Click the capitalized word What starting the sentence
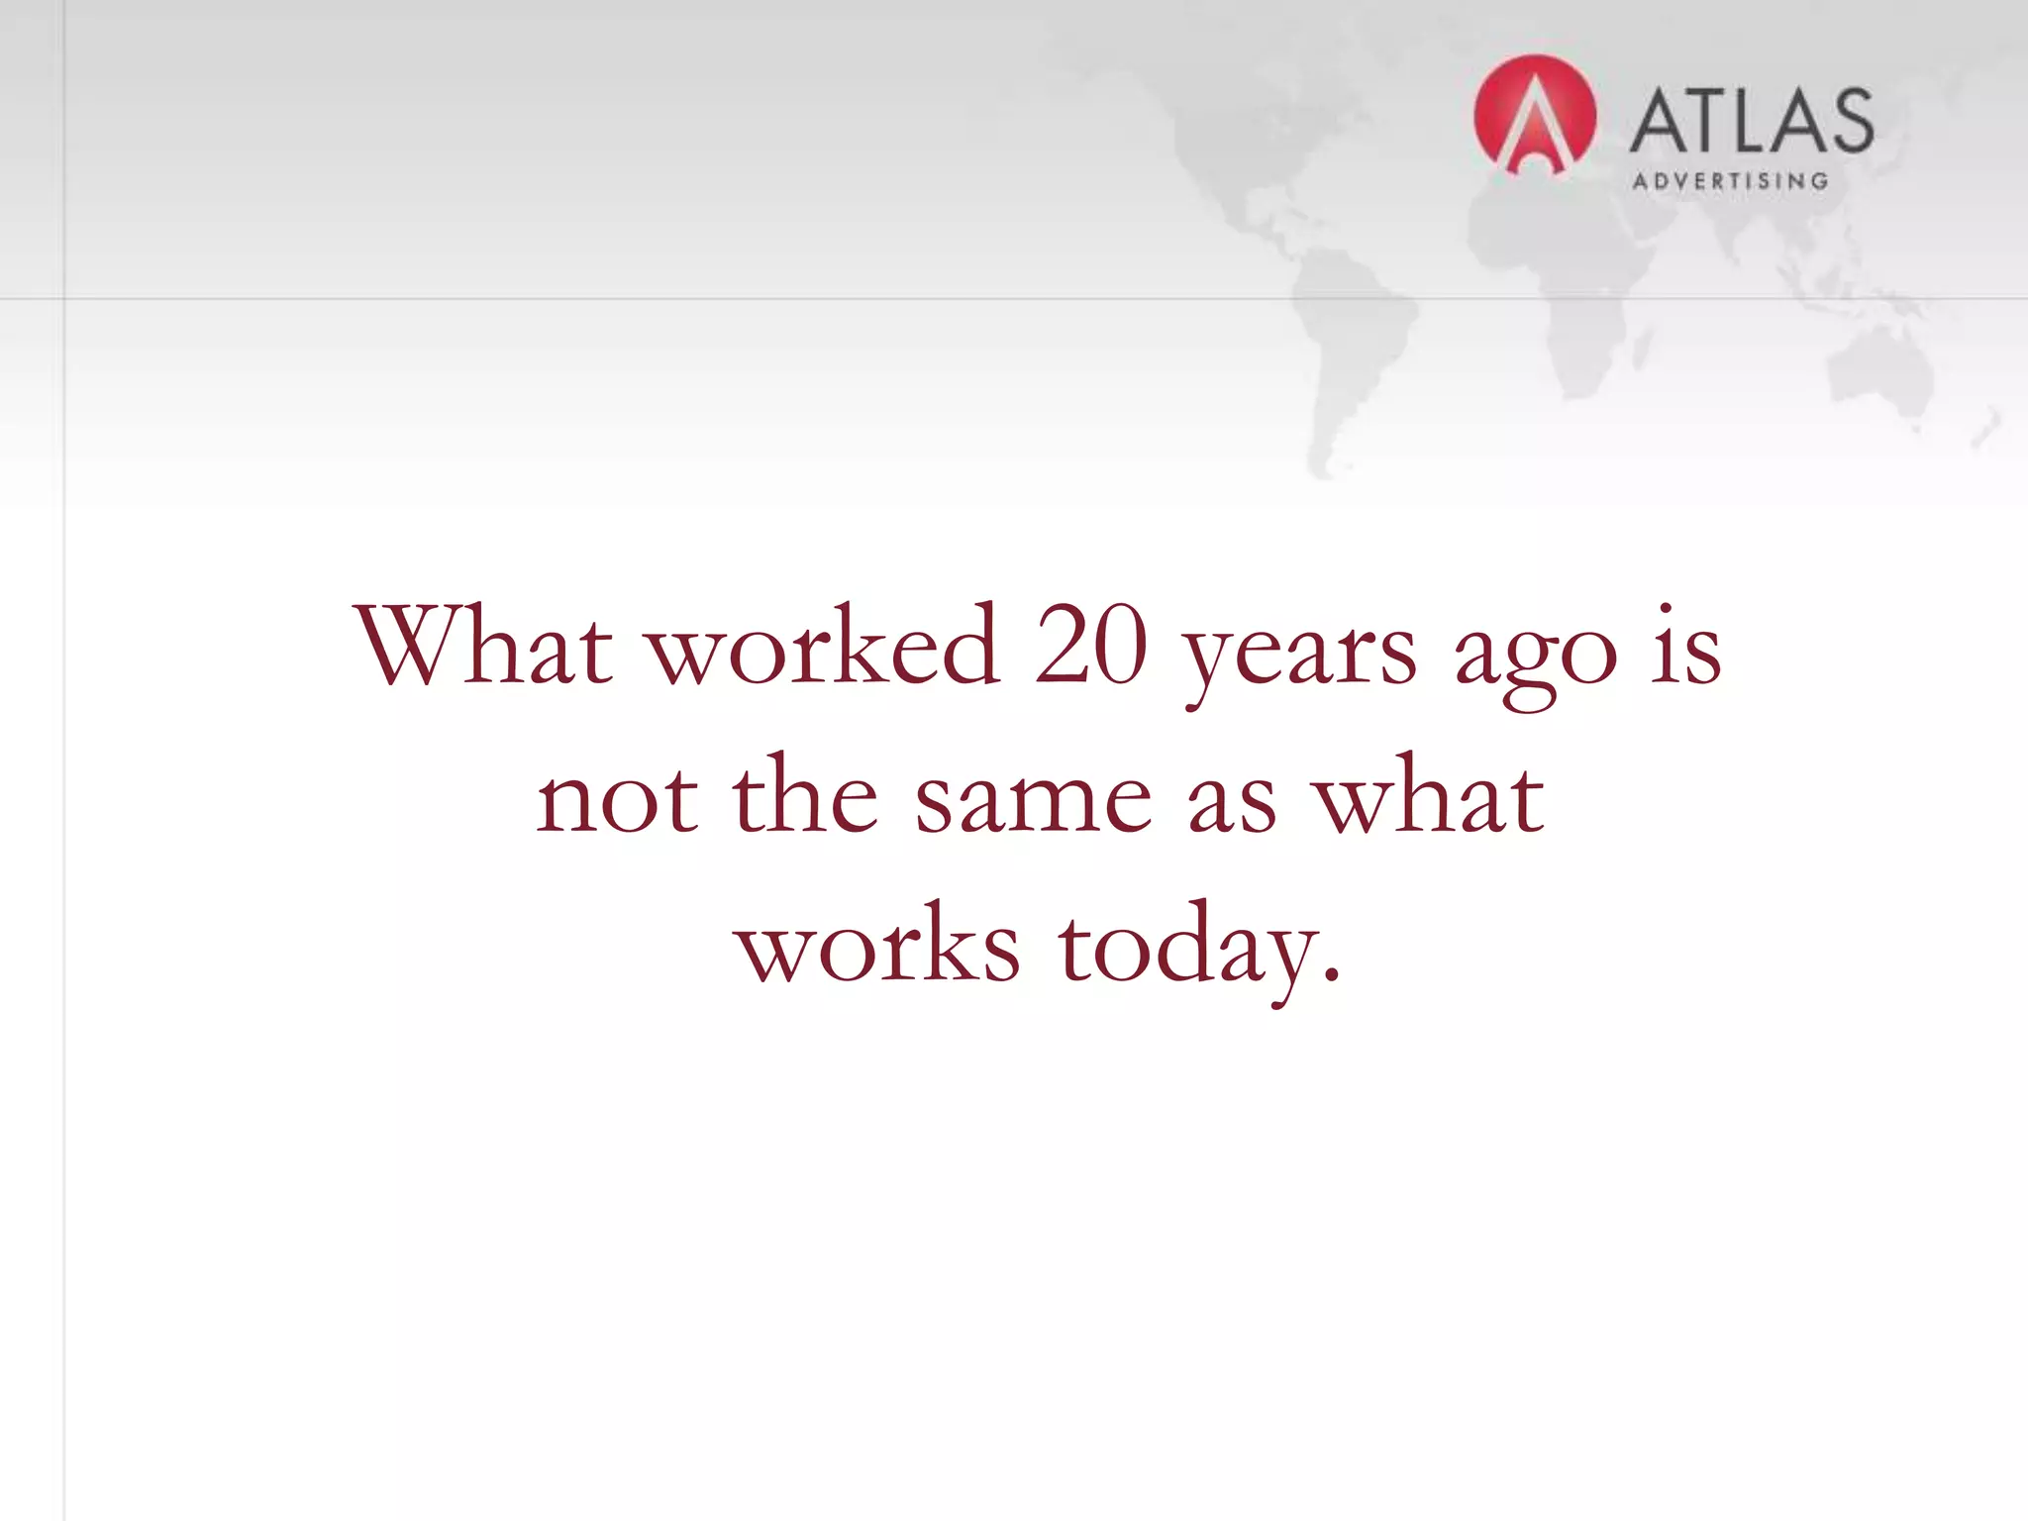pyautogui.click(x=484, y=648)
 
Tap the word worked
pyautogui.click(x=823, y=648)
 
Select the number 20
pyautogui.click(x=1090, y=648)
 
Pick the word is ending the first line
pyautogui.click(x=1686, y=648)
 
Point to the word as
pyautogui.click(x=1232, y=802)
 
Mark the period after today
pyautogui.click(x=1332, y=975)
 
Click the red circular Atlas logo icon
pyautogui.click(x=1535, y=116)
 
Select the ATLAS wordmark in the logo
pyautogui.click(x=1751, y=121)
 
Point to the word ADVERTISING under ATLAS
pyautogui.click(x=1730, y=181)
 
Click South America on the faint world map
pyautogui.click(x=1352, y=337)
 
